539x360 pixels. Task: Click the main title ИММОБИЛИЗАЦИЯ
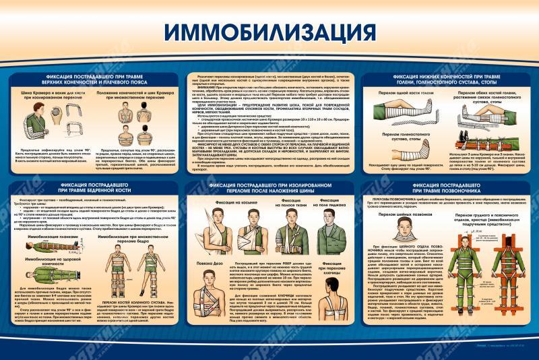click(269, 32)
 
